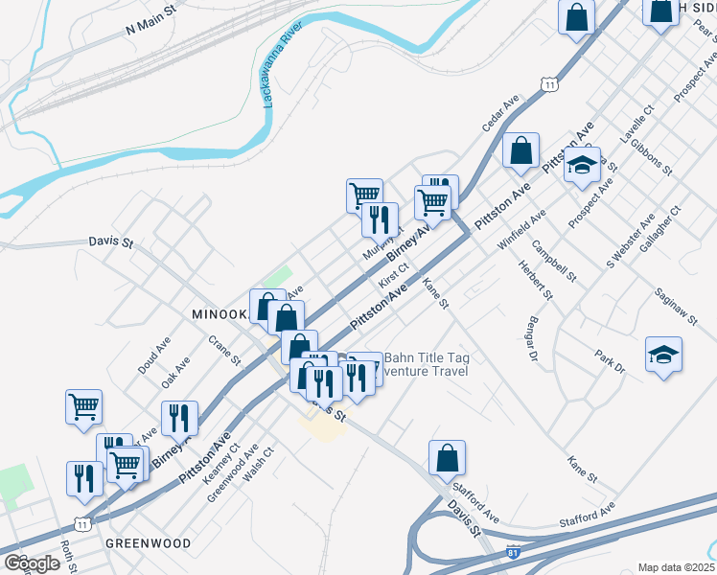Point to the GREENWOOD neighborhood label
[x=149, y=542]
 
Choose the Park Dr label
[x=610, y=360]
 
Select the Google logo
[x=33, y=563]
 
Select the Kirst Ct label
[x=394, y=276]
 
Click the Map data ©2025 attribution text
[x=676, y=567]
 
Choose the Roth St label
[x=68, y=556]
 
